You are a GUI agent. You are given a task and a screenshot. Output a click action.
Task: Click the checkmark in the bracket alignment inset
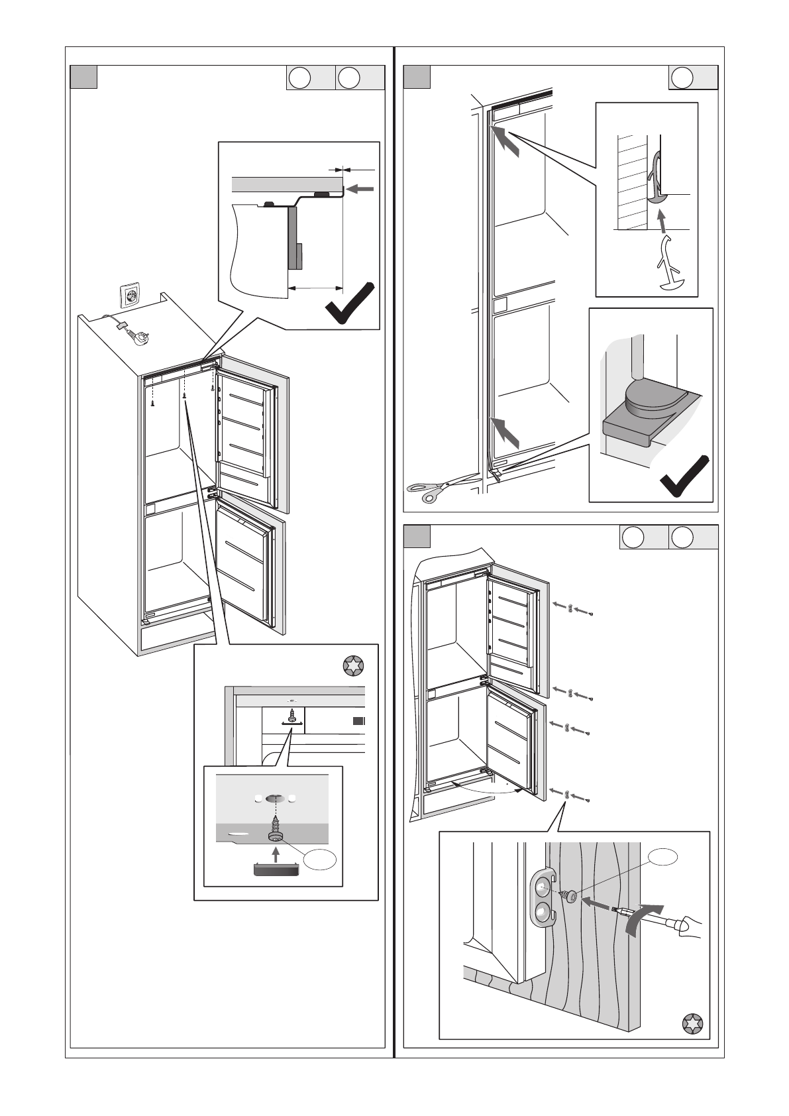click(352, 304)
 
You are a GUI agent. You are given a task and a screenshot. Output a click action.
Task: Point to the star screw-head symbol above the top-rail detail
click(353, 666)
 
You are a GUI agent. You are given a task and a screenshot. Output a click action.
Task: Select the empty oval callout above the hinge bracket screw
click(663, 858)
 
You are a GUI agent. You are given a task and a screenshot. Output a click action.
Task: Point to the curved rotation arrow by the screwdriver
click(643, 918)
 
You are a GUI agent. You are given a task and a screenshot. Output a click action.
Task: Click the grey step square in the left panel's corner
click(84, 77)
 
